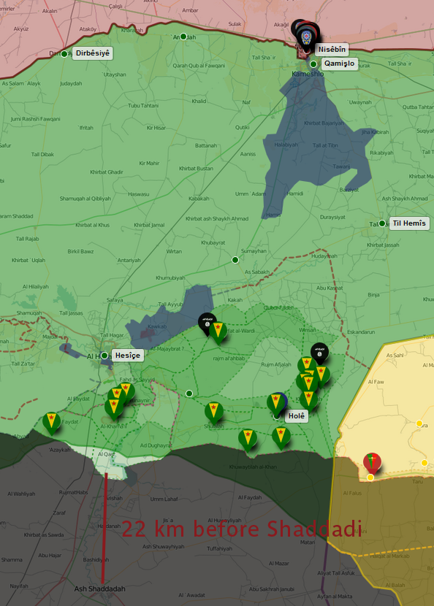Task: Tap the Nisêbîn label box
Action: pyautogui.click(x=331, y=49)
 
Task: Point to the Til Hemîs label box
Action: pyautogui.click(x=408, y=223)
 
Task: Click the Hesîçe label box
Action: pyautogui.click(x=127, y=356)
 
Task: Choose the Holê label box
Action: pyautogui.click(x=297, y=415)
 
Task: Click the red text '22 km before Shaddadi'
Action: pyautogui.click(x=241, y=529)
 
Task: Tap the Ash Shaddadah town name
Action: pyautogui.click(x=100, y=588)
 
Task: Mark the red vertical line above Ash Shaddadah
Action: pyautogui.click(x=104, y=526)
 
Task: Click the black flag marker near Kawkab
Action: pyautogui.click(x=207, y=321)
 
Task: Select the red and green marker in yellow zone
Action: pyautogui.click(x=372, y=461)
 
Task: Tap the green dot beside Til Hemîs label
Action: pyautogui.click(x=382, y=223)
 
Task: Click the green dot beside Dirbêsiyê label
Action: pyautogui.click(x=64, y=53)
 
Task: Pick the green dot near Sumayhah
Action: pyautogui.click(x=235, y=260)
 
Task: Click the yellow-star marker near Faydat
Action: pyautogui.click(x=50, y=422)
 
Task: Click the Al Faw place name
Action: pyautogui.click(x=376, y=382)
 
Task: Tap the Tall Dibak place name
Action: pyautogui.click(x=42, y=154)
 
